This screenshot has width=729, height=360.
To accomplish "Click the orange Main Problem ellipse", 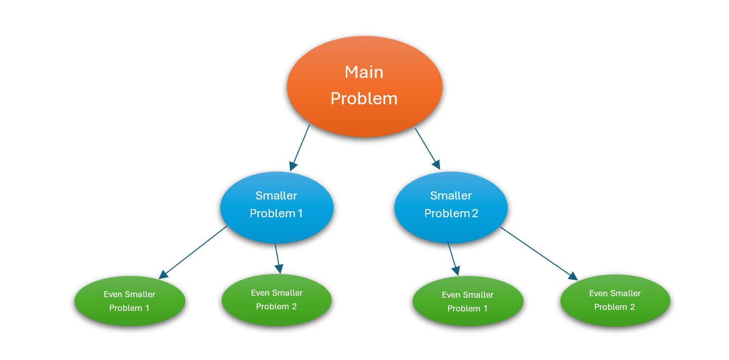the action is coord(364,86).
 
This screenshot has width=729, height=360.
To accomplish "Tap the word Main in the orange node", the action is coord(364,72).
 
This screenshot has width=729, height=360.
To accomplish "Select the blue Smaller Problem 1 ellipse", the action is coord(276,208).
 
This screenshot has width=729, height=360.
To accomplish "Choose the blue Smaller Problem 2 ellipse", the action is coord(451,208).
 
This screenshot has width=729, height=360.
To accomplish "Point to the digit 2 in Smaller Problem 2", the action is coord(475,214).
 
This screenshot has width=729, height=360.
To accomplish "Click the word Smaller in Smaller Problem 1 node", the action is coord(276,195).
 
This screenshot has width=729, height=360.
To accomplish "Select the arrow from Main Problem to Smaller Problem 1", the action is coord(300,148).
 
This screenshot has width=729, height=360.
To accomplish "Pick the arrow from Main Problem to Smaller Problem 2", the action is coord(428,149).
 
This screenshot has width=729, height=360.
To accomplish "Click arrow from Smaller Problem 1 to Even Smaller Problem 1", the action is coord(193,253).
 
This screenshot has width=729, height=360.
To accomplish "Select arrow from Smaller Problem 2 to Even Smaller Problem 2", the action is coord(539,254).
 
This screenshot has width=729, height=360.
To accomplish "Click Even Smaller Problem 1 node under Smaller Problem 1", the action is coord(130,301).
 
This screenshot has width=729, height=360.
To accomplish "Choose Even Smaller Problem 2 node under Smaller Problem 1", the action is coord(276,300).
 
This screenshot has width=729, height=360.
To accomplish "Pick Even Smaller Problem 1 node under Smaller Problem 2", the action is coord(468,301).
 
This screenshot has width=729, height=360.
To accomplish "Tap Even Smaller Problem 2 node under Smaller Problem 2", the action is coord(615,300).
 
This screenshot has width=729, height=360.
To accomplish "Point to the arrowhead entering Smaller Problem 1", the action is coord(293,166).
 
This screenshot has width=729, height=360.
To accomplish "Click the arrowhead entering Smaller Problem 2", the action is coord(436,165).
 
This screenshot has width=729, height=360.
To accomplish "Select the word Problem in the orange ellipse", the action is coord(364,99).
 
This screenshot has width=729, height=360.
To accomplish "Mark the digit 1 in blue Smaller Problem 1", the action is coord(300,214).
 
